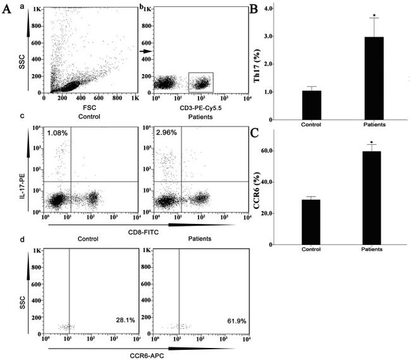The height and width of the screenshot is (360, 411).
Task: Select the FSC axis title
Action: pos(89,108)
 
